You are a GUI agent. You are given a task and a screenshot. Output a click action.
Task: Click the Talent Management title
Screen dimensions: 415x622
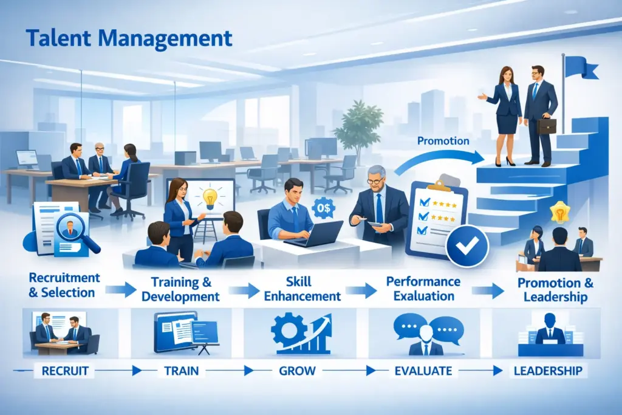click(x=129, y=37)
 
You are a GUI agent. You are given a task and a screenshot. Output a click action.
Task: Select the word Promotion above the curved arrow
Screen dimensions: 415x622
click(x=443, y=141)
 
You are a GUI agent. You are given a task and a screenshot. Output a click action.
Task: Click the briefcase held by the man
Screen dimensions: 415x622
click(x=546, y=126)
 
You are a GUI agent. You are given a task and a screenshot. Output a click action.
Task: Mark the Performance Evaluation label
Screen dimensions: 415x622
click(x=423, y=289)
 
